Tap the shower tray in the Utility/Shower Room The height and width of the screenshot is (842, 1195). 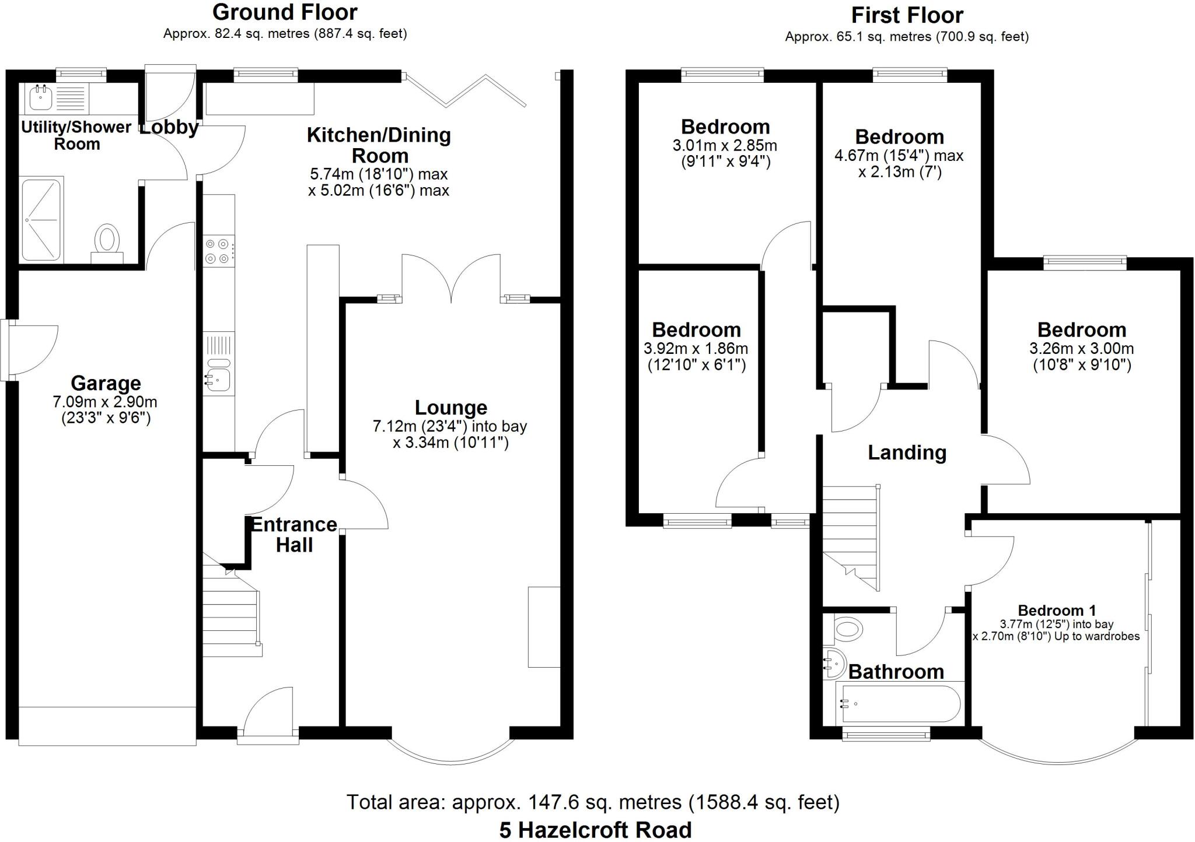(41, 220)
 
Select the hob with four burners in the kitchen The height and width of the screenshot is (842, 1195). (218, 251)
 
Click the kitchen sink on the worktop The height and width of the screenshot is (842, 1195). (219, 380)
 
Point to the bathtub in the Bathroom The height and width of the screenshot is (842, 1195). (899, 704)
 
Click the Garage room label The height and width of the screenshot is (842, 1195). (106, 383)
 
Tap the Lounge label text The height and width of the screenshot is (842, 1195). (450, 408)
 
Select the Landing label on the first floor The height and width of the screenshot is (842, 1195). (907, 452)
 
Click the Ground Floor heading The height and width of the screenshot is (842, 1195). (285, 12)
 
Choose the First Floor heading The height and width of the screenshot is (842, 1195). (907, 15)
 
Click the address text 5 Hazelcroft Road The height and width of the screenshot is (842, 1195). (595, 830)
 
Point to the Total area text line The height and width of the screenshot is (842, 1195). (593, 802)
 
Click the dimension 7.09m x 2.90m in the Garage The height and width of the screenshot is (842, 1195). (105, 402)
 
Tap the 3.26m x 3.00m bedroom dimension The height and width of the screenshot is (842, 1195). (1081, 349)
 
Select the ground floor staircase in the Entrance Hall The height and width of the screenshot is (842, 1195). (231, 612)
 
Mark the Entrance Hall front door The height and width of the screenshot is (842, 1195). (268, 714)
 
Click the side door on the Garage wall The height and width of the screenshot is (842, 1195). (32, 350)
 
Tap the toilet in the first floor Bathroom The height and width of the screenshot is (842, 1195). (849, 629)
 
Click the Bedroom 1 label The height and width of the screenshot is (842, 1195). (1056, 611)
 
